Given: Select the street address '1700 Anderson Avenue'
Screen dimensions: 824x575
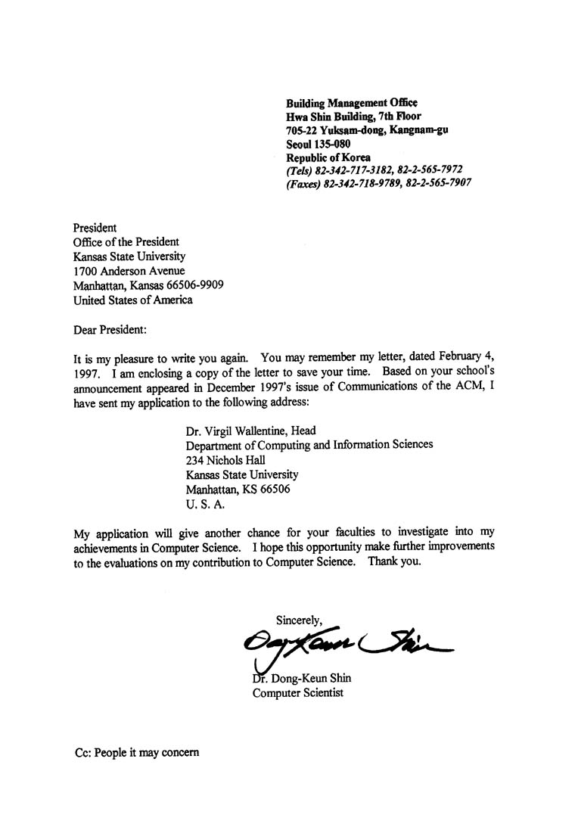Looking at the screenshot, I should coord(129,271).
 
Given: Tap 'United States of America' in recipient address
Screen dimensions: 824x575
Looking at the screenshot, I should coord(133,300).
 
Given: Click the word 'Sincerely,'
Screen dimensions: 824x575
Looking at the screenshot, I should coord(299,620).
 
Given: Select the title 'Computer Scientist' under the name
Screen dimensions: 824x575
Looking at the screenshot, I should coord(297,692).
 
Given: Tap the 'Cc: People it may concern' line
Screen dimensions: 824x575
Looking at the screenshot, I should coord(137,754).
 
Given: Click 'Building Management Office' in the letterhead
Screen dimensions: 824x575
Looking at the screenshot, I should coord(352,103).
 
